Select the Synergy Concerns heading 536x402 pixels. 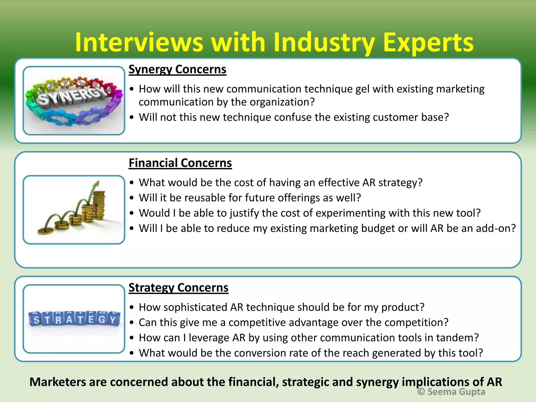(177, 70)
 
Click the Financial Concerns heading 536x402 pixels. (180, 163)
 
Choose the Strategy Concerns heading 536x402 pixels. (178, 288)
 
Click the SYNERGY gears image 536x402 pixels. (74, 101)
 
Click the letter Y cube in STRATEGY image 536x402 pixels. (113, 320)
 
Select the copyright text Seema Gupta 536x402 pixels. (451, 392)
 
